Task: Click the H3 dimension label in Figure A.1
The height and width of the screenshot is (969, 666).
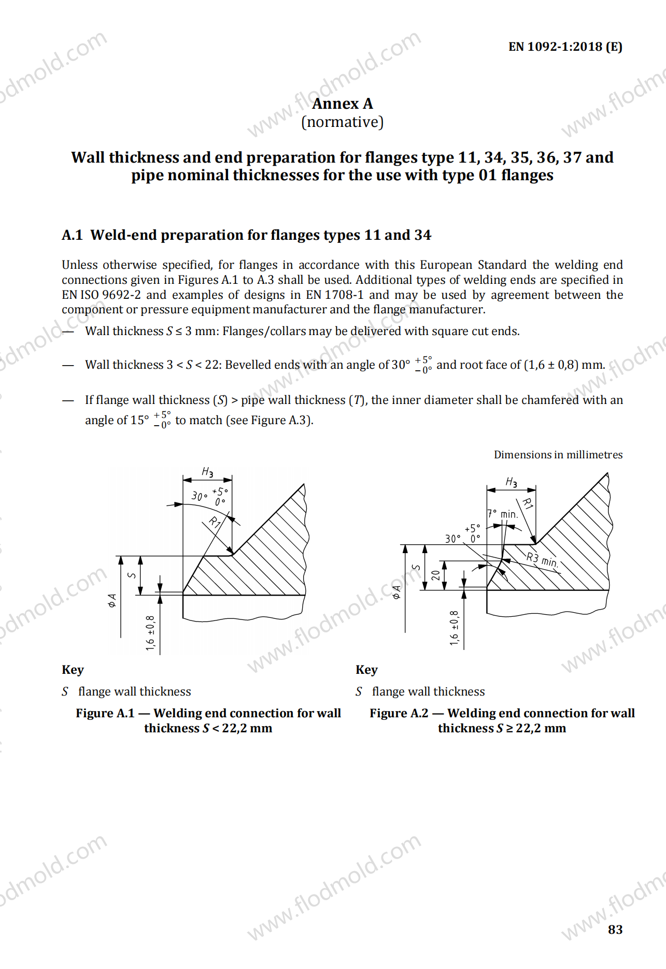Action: click(207, 472)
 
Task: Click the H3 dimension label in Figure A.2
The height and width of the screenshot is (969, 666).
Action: click(511, 482)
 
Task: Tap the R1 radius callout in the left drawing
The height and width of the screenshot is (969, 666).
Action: click(215, 522)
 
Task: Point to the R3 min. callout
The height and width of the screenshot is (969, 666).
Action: click(542, 560)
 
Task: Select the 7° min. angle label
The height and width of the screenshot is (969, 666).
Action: click(503, 514)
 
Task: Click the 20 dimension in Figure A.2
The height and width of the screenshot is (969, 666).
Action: click(436, 575)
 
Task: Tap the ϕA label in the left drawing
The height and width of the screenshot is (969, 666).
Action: click(112, 600)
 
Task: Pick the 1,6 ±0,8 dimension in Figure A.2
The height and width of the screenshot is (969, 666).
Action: click(455, 628)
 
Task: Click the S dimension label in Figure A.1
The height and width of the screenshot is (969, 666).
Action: click(132, 575)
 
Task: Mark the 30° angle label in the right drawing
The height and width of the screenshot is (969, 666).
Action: click(452, 539)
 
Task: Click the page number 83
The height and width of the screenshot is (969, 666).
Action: click(615, 930)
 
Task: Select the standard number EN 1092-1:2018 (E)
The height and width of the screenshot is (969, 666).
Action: click(565, 47)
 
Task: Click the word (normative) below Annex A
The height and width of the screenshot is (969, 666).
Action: click(342, 122)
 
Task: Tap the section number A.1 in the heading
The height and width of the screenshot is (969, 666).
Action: click(72, 235)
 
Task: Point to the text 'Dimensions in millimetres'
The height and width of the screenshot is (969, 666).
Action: click(558, 455)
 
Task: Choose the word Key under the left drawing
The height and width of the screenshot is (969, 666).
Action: click(73, 670)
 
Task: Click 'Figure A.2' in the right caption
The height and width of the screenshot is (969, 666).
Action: click(399, 713)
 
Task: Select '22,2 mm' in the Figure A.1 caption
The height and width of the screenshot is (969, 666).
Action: click(247, 728)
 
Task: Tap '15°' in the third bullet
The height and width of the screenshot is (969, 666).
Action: click(139, 420)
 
